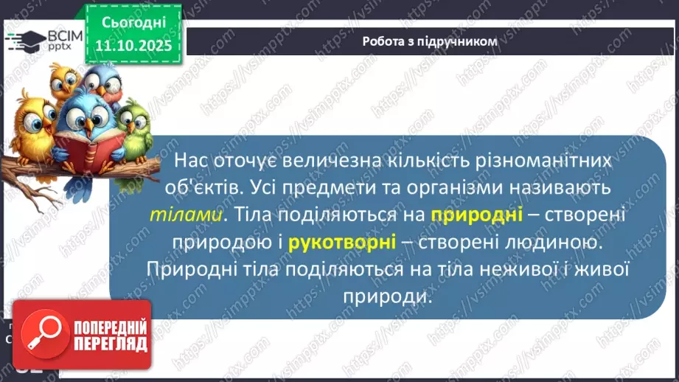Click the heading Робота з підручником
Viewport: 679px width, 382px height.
tap(430, 41)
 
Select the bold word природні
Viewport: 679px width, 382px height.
tap(476, 215)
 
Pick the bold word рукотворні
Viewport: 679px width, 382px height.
tap(342, 241)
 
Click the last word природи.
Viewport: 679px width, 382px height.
tap(386, 295)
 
